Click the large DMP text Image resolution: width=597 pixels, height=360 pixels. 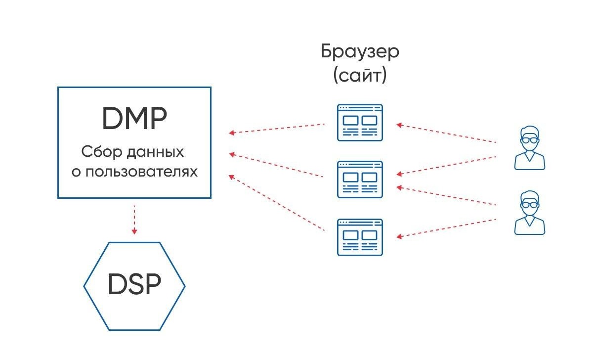click(134, 119)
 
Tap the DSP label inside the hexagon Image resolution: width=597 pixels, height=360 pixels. click(134, 285)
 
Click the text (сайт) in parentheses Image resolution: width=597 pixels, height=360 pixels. click(360, 76)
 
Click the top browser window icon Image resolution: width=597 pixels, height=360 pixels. click(360, 123)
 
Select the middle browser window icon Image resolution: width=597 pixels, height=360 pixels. click(360, 179)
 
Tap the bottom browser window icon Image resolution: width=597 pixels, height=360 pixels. click(360, 237)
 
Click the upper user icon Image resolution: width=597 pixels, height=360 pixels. click(529, 148)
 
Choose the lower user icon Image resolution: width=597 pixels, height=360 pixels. click(529, 212)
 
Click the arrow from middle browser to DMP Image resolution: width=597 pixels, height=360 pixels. click(277, 165)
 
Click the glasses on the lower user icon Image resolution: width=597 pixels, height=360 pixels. click(529, 204)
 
